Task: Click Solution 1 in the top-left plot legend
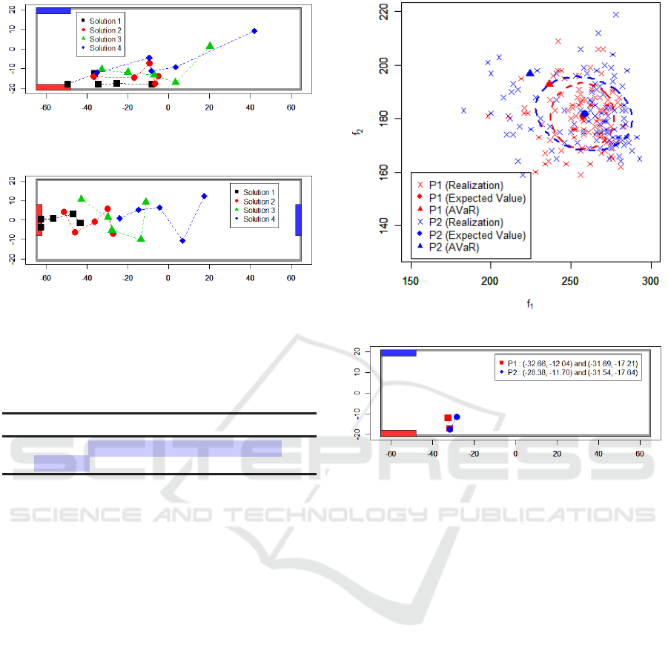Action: coord(103,22)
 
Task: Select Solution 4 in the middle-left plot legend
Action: coord(256,219)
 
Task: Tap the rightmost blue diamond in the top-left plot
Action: coord(254,31)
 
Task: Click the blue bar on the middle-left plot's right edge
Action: coord(299,219)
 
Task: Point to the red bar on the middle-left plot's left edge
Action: coord(39,219)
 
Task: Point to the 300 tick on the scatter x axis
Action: coord(650,281)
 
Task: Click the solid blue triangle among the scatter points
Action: coord(529,73)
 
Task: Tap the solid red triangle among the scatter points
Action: coord(549,84)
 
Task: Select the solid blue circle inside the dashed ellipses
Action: coord(584,114)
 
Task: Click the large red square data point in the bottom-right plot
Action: coord(448,418)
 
